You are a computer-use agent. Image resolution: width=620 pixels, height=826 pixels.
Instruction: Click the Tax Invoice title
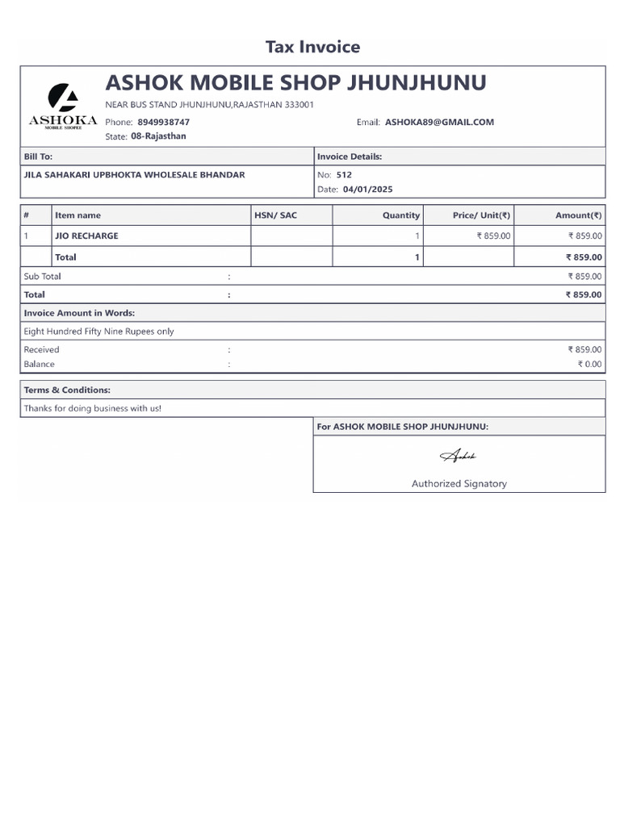[312, 47]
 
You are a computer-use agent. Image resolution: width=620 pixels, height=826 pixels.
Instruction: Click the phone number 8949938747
[164, 122]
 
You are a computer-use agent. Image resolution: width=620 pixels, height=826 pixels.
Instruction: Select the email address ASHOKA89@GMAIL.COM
[439, 122]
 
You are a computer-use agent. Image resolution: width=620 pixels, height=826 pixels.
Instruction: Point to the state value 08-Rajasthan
[158, 136]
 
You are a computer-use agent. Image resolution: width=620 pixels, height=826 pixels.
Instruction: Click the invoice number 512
[344, 174]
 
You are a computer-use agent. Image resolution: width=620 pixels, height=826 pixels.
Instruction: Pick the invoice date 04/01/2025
[367, 190]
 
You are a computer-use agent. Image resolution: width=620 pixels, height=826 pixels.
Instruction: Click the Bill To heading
[38, 156]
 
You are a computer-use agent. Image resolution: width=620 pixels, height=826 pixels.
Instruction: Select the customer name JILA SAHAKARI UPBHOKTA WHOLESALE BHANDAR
[135, 174]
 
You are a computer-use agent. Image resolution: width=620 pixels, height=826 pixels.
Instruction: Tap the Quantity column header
[401, 215]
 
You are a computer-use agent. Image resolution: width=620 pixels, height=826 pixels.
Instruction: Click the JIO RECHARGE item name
[86, 236]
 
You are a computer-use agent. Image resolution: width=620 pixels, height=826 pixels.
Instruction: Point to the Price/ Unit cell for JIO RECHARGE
[493, 236]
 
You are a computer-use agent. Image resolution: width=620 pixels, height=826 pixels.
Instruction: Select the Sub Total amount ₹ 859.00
[584, 276]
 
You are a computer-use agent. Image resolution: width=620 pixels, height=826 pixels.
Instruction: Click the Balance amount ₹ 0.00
[589, 364]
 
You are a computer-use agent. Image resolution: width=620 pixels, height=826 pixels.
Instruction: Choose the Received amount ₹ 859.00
[584, 349]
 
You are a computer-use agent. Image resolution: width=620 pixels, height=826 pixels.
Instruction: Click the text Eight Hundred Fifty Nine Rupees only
[98, 332]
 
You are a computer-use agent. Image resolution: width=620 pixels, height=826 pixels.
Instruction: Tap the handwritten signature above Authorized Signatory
[459, 457]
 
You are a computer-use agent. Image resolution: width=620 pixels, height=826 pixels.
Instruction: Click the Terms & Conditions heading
[67, 390]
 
